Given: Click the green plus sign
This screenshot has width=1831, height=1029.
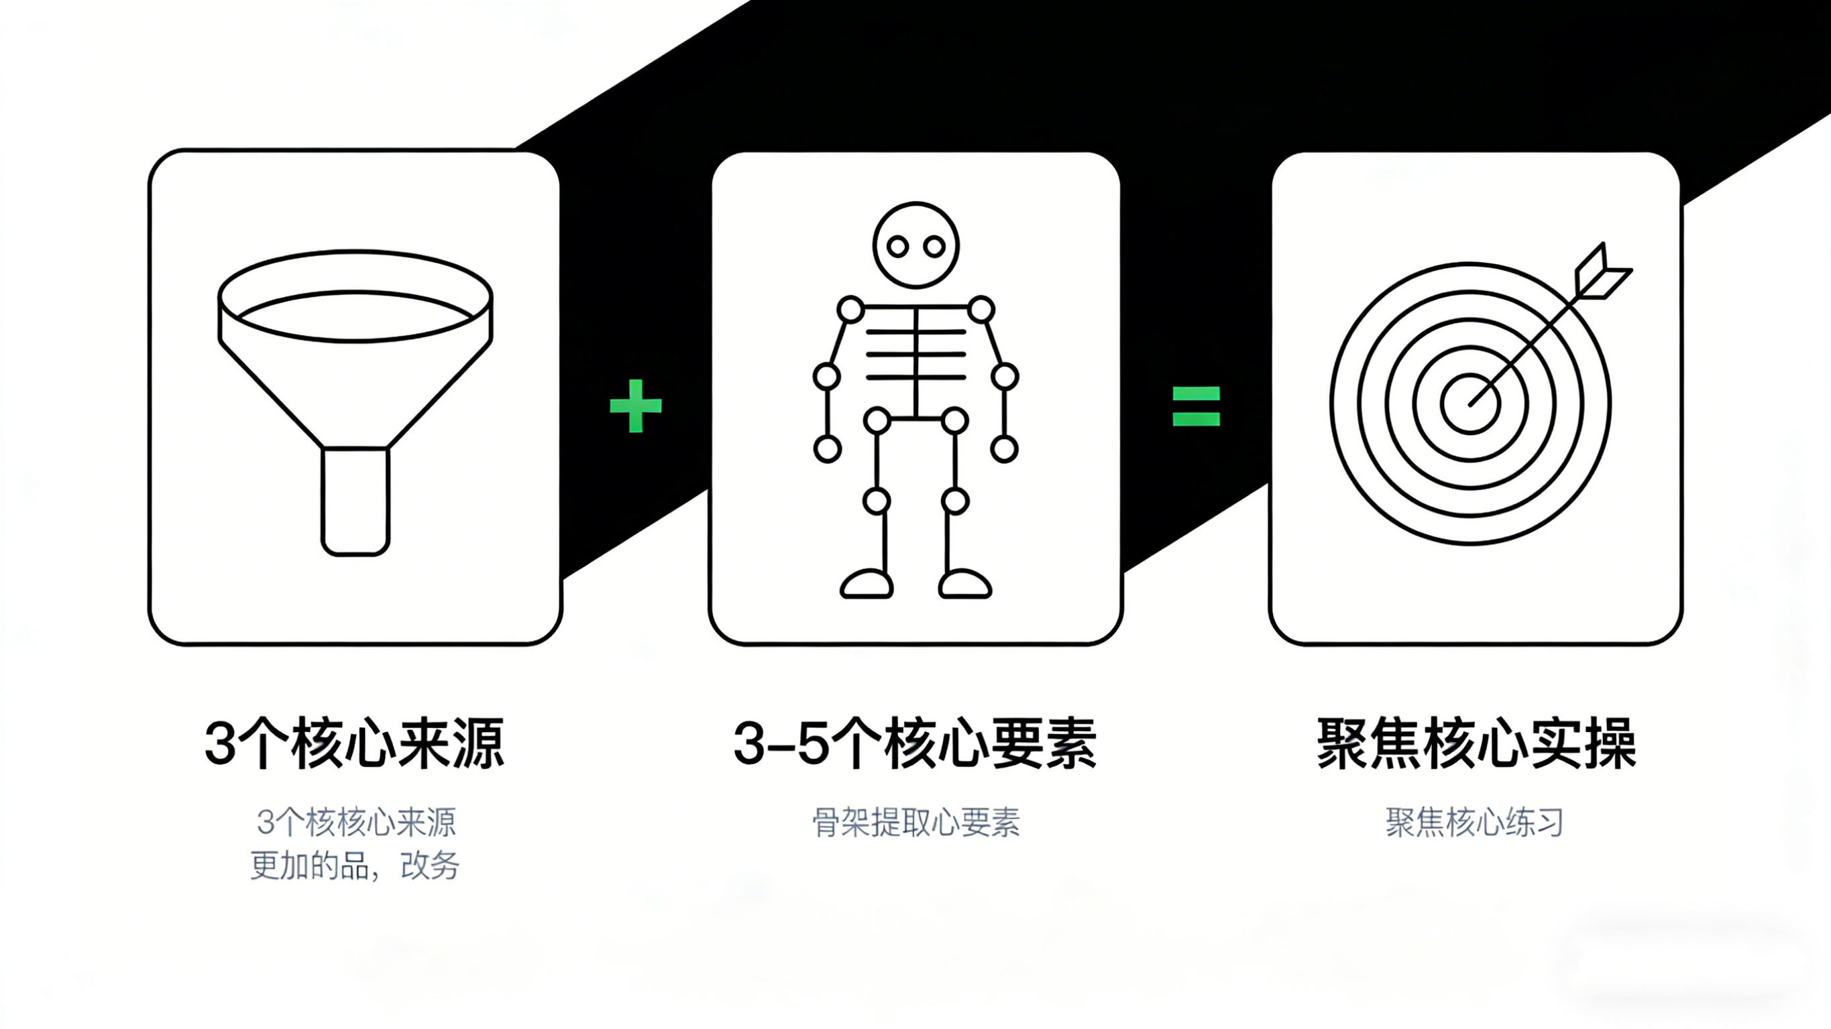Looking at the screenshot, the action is click(x=635, y=406).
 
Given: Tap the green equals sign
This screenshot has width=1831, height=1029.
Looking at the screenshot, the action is click(x=1196, y=406).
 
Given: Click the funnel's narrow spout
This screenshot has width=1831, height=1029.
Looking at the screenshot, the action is click(x=355, y=500).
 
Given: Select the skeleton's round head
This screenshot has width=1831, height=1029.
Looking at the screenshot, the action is click(x=915, y=245).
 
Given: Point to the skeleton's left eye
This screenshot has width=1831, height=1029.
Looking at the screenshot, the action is click(x=898, y=247).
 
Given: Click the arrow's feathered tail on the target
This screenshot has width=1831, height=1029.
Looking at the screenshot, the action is click(x=1602, y=274).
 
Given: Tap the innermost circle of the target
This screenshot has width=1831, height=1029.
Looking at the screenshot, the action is click(x=1470, y=404).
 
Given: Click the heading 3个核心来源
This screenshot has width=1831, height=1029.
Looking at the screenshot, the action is click(x=354, y=745).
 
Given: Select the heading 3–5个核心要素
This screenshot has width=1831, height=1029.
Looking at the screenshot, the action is click(x=915, y=745).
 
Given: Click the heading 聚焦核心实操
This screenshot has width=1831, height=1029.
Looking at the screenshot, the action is click(x=1476, y=745).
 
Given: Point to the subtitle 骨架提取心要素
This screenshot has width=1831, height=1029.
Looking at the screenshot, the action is click(x=915, y=823).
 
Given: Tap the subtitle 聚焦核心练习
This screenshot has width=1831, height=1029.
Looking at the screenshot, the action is click(x=1475, y=823).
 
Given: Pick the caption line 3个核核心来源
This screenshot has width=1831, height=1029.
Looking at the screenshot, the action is click(x=356, y=823).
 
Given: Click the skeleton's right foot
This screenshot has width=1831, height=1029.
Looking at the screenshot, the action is click(x=964, y=585).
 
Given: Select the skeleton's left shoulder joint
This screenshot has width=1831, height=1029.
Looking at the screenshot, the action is click(x=850, y=310).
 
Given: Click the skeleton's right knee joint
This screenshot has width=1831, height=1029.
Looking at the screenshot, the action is click(x=954, y=501).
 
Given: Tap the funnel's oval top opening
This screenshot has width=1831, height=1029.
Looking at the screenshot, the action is click(x=355, y=296).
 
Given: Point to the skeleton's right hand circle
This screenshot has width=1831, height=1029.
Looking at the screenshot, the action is click(x=1003, y=449).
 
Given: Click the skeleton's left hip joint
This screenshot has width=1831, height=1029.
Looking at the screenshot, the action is click(x=877, y=421).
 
